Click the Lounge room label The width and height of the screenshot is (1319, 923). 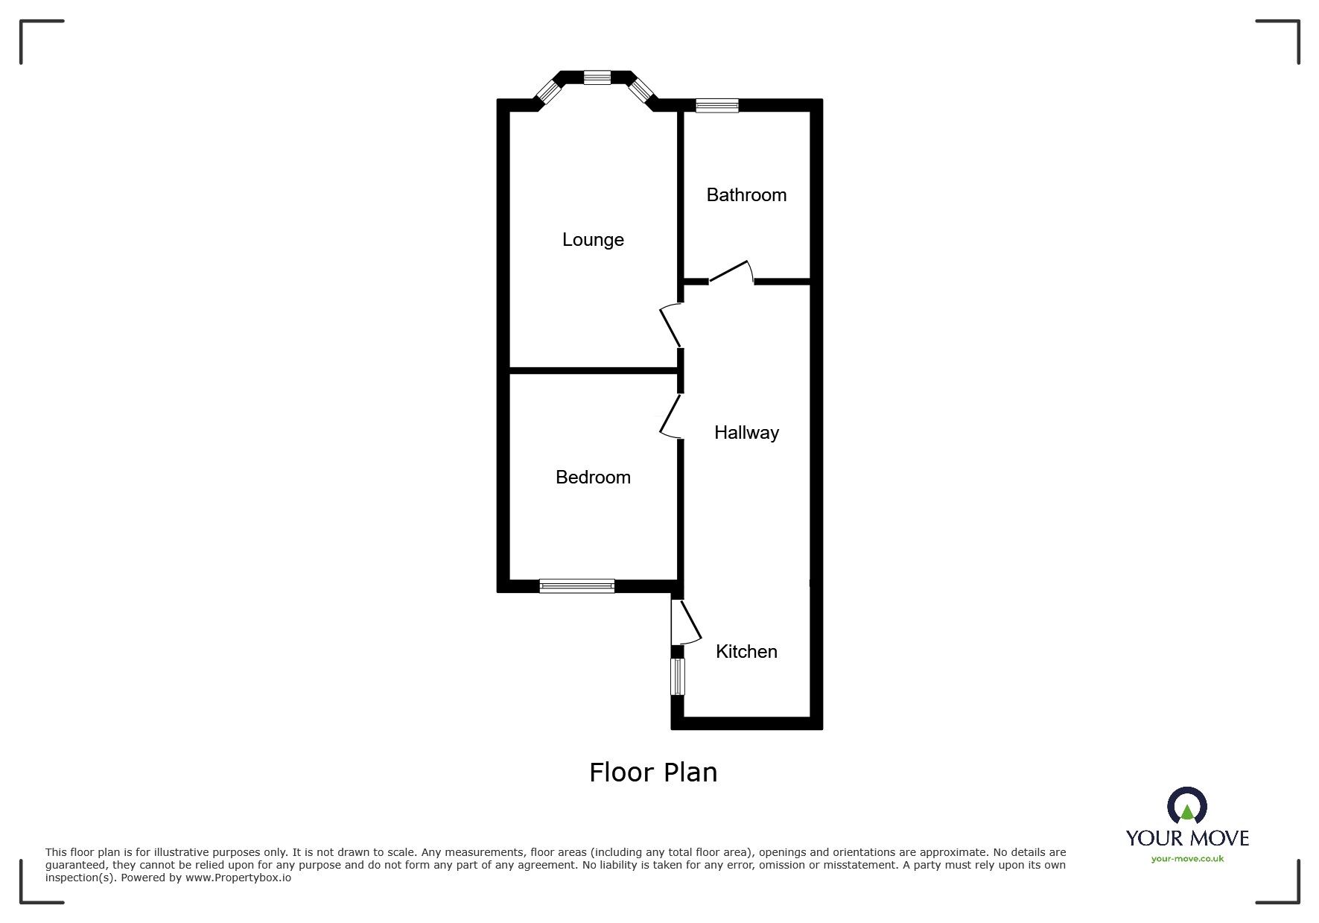[x=593, y=240]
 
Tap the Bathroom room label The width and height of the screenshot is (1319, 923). [x=746, y=195]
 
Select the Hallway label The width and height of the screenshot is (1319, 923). [x=746, y=433]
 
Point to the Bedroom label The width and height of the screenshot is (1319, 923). [x=593, y=478]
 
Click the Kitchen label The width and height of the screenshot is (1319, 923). [x=746, y=652]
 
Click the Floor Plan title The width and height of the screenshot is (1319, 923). [x=653, y=773]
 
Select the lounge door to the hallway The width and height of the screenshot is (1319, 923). [x=670, y=326]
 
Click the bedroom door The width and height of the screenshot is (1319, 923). [x=670, y=415]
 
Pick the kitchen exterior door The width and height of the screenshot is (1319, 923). [x=685, y=622]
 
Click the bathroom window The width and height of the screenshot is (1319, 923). [x=717, y=106]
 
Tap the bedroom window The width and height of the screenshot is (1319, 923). [x=577, y=586]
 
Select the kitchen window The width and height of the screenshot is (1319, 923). [x=677, y=677]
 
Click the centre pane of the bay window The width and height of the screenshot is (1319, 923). [x=597, y=77]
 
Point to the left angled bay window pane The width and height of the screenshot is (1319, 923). [x=548, y=92]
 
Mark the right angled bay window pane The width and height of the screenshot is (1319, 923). [x=640, y=91]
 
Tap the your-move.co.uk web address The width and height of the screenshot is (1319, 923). [x=1187, y=859]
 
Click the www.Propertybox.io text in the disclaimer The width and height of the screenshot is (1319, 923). [x=238, y=878]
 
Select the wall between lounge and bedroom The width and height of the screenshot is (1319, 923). [x=593, y=370]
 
